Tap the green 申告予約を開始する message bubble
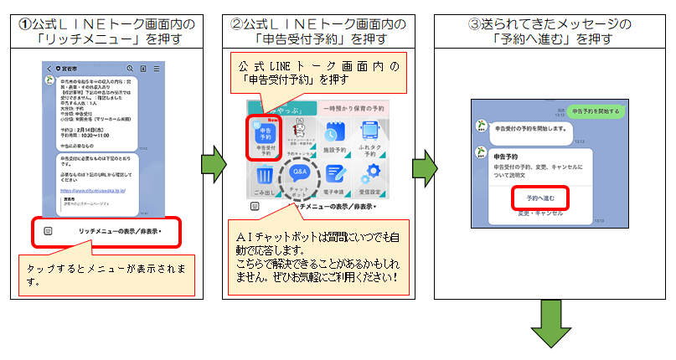593,111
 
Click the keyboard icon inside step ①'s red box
49,230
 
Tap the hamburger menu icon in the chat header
157,68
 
